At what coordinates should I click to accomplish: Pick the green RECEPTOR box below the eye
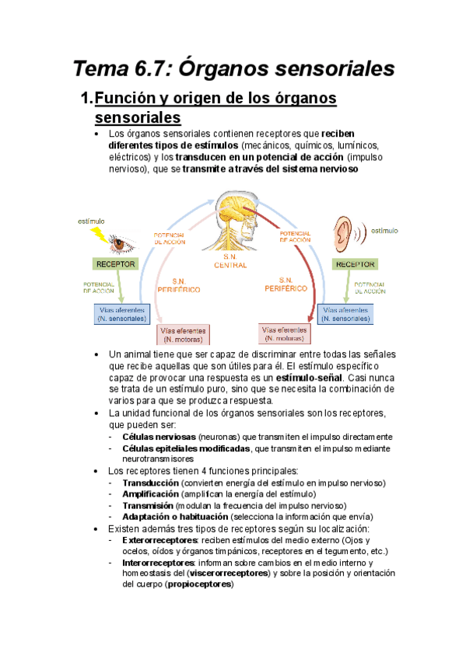pos(116,265)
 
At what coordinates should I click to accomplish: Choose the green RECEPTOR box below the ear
pos(355,265)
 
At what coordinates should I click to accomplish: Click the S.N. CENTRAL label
pos(230,261)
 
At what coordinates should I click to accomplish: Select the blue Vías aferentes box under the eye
pos(121,315)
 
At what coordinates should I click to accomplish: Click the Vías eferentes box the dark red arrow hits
pos(286,334)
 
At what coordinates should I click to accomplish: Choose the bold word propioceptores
pos(200,584)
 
